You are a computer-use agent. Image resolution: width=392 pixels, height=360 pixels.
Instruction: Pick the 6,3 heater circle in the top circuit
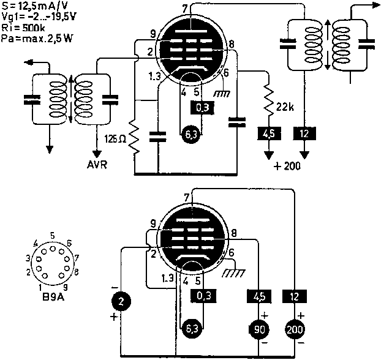(190, 136)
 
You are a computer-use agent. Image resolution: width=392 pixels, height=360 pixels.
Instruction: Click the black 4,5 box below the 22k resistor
(268, 133)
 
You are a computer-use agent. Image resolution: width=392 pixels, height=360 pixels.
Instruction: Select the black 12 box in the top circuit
(305, 133)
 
